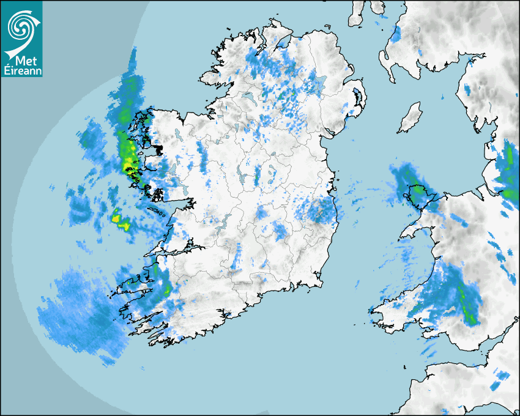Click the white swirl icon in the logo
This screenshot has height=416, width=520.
(x=21, y=28)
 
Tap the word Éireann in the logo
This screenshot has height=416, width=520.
(x=21, y=72)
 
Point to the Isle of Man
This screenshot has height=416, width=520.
(x=410, y=117)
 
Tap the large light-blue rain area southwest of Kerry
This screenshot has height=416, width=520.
(x=80, y=312)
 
